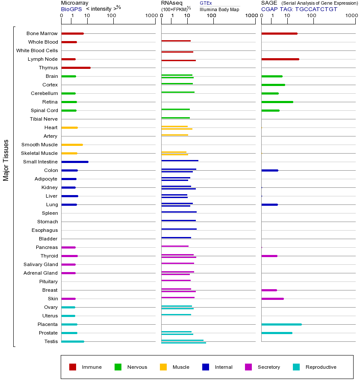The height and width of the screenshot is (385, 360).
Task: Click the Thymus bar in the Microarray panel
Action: point(76,68)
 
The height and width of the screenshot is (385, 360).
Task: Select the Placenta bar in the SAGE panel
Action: point(281,324)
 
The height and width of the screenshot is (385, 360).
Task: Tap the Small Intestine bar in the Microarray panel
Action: point(75,162)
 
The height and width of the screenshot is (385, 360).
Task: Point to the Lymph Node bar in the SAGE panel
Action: point(280,59)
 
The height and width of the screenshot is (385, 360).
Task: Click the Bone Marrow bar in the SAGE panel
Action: point(279,33)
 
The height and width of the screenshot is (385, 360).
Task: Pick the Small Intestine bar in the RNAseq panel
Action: point(180,160)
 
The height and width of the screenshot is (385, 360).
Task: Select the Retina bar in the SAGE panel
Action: point(277,102)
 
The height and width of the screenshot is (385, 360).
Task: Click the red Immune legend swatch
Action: point(73,367)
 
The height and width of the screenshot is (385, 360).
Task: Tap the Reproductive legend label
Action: point(321,367)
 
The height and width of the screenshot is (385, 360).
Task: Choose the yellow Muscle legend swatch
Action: point(163,367)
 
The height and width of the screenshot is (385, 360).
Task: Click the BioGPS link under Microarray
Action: point(71,9)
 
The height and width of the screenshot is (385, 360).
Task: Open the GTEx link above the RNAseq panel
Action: point(206,3)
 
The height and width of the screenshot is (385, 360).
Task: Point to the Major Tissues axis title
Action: point(6,160)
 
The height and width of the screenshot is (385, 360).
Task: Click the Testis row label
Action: point(51,341)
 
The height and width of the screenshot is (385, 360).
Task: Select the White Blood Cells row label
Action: point(37,50)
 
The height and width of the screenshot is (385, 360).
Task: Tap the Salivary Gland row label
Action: point(41,264)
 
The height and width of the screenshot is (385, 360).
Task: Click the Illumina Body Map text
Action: point(219,9)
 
